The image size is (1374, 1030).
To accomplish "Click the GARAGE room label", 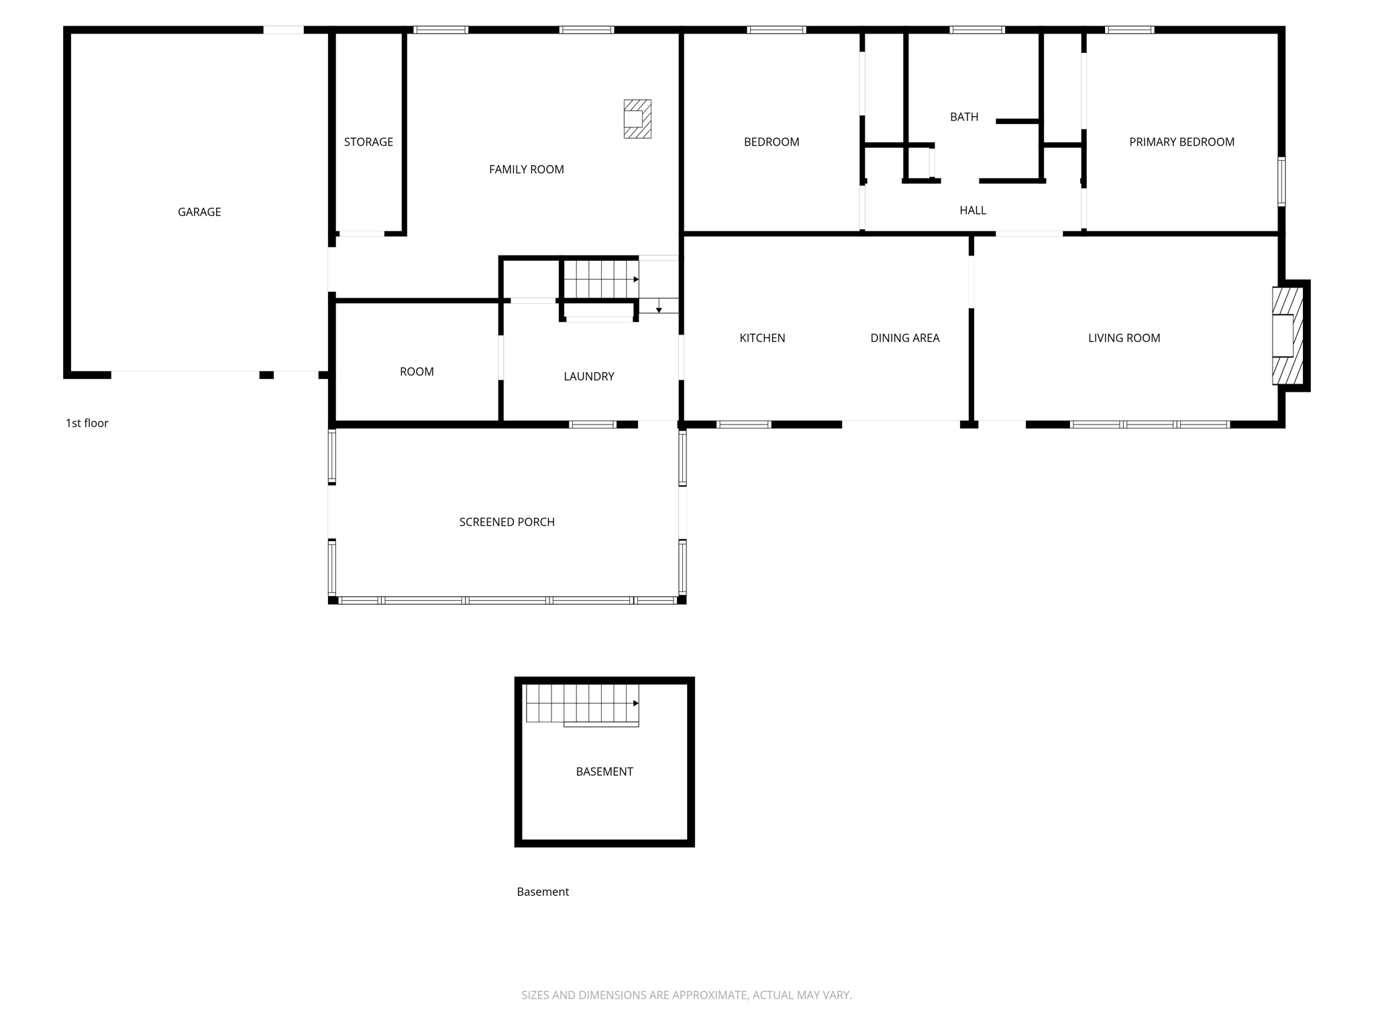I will coord(199,212).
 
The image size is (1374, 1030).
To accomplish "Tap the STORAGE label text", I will coord(368,141).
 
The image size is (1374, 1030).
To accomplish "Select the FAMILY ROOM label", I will coord(526,170).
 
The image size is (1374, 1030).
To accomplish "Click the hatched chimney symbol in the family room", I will coord(637,119).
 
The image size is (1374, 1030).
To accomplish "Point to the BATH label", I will coord(963,117).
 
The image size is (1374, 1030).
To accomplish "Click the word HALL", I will coord(972,211).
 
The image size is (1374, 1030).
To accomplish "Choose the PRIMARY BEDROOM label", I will coord(1181,141).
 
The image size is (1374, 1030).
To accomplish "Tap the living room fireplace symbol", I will coord(1286,335).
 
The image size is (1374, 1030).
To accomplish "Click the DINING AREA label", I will coord(904,338).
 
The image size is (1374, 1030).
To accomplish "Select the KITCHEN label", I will coord(762,338).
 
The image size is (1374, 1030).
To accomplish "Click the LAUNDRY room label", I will coord(588,376).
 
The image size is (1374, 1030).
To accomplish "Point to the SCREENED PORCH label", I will coord(507,522).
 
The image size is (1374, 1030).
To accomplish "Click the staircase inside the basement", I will coord(582,703).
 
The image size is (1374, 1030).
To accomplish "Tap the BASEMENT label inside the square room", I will coord(604,772).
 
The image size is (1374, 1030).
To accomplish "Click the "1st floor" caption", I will coord(87,423).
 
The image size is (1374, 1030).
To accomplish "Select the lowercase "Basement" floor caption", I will coord(542,892).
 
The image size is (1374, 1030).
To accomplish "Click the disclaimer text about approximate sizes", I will coord(686,995).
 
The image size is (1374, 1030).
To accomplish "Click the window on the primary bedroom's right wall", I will coord(1281,181).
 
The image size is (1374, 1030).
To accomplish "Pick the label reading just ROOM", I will coord(417,371).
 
